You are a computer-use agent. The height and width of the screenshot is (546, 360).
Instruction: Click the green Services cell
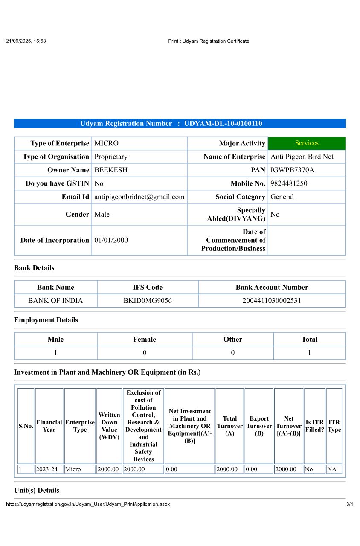click(307, 143)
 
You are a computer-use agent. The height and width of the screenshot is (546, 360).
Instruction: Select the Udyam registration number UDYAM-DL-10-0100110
click(223, 124)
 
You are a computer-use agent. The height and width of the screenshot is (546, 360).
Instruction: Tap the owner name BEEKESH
click(111, 170)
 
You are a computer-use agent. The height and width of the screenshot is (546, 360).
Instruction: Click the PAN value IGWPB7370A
click(292, 170)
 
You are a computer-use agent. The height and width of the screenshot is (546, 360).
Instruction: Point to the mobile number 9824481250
click(289, 183)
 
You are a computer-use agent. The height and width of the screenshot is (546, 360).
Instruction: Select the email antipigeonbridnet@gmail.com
click(139, 197)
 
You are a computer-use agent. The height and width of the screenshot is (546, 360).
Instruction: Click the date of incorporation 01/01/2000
click(111, 240)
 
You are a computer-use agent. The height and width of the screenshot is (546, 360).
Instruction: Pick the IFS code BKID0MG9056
click(148, 301)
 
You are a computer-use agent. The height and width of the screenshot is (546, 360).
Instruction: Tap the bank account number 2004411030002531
click(272, 301)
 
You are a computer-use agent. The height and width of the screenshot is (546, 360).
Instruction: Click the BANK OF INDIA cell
click(55, 301)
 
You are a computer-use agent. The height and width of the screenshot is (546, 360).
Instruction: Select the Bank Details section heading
click(34, 268)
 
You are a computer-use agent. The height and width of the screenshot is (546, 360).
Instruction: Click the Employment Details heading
click(46, 320)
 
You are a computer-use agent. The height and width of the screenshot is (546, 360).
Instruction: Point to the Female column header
click(145, 340)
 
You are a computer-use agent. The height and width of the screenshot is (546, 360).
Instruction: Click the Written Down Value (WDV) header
click(109, 426)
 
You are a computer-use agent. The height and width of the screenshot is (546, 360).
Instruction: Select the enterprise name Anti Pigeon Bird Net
click(302, 157)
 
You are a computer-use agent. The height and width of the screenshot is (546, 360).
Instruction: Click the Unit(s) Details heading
click(37, 490)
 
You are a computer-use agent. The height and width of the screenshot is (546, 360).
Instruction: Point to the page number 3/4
click(350, 504)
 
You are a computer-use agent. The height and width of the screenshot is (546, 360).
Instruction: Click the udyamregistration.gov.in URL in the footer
click(88, 504)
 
